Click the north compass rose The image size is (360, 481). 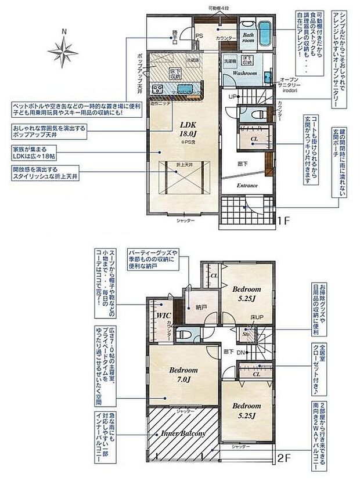(63, 50)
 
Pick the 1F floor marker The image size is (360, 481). (283, 221)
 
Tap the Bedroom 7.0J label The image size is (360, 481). (183, 374)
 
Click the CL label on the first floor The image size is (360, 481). (254, 140)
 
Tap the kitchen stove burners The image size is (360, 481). (157, 88)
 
